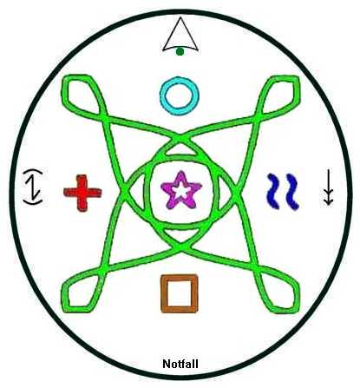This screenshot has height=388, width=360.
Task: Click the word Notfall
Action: click(180, 364)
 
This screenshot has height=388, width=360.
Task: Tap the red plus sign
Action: click(82, 193)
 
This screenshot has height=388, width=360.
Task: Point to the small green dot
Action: click(180, 51)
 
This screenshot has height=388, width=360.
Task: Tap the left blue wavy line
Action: click(273, 191)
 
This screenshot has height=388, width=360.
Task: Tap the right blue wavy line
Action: click(292, 192)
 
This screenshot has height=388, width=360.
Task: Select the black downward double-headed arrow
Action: click(328, 187)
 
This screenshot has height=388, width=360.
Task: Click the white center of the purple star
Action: click(181, 191)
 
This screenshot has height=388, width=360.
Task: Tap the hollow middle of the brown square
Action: click(180, 293)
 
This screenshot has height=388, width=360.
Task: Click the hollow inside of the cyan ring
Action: click(180, 95)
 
